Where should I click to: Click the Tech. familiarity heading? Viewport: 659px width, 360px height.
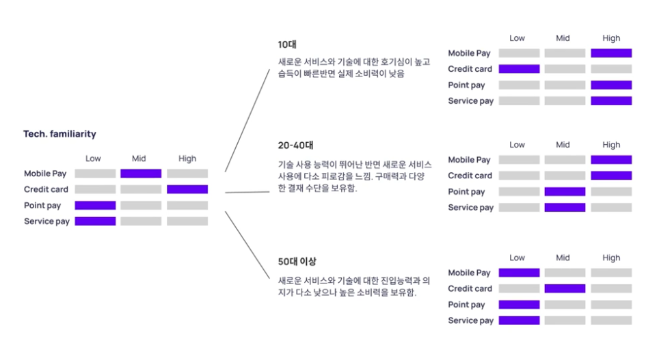59,135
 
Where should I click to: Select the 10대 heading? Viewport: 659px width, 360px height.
287,44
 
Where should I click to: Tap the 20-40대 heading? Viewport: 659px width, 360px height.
295,145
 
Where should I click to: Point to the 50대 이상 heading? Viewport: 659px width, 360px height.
297,261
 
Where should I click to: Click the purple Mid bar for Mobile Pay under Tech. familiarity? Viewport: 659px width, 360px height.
141,174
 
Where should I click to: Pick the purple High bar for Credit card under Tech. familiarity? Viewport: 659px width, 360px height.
187,189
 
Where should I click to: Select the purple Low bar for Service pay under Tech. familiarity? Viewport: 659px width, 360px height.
95,221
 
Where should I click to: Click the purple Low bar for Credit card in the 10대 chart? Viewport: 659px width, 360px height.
519,69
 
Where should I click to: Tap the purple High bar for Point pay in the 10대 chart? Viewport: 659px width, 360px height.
611,85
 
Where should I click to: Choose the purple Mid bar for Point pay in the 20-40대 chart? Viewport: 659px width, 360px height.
565,191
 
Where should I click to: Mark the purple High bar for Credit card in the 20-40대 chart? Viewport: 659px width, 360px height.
611,176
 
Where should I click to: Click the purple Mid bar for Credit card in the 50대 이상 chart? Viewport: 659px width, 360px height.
565,288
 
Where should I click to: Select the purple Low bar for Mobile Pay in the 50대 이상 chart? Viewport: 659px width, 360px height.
519,273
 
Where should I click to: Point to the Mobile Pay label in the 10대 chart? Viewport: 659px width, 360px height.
469,53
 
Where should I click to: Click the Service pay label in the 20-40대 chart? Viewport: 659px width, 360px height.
470,208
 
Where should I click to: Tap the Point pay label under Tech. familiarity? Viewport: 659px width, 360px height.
42,206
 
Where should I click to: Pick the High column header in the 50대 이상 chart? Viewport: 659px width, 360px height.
611,258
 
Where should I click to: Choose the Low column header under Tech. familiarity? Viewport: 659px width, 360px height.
93,158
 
